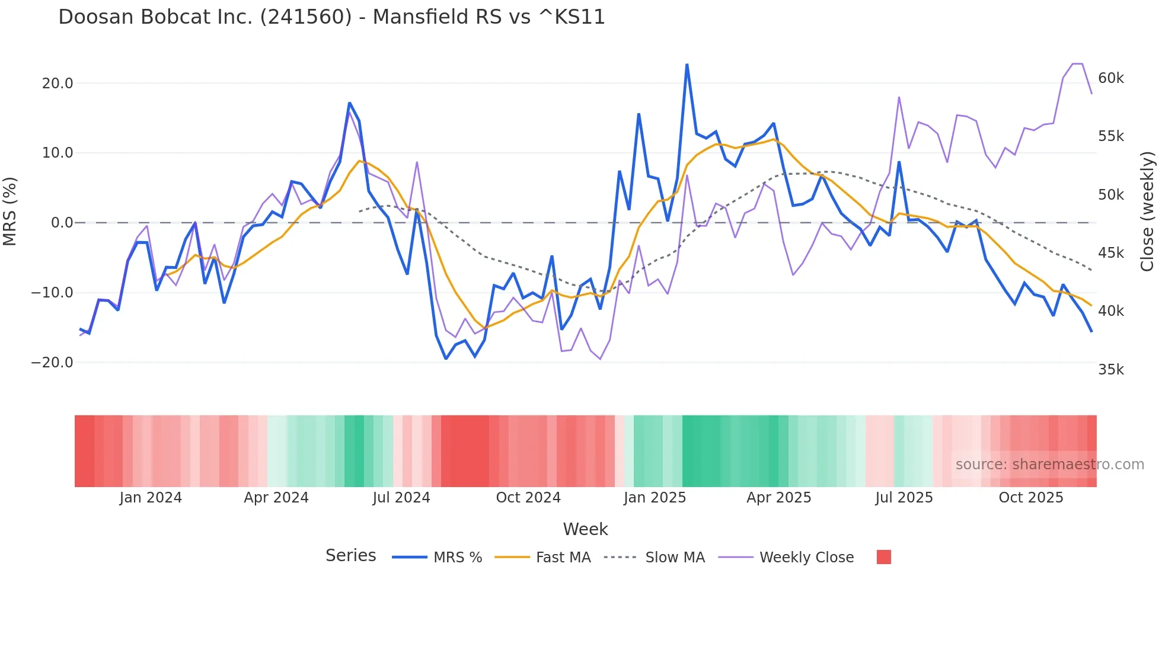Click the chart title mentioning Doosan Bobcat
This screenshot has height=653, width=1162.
pyautogui.click(x=331, y=17)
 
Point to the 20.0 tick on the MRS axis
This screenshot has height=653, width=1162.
pyautogui.click(x=58, y=84)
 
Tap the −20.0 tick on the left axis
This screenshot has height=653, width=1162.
pyautogui.click(x=52, y=363)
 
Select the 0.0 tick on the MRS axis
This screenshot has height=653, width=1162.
pyautogui.click(x=62, y=223)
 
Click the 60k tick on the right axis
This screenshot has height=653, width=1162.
pyautogui.click(x=1110, y=78)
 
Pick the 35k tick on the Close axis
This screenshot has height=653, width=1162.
pyautogui.click(x=1110, y=370)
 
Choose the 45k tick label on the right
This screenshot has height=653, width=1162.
pyautogui.click(x=1110, y=253)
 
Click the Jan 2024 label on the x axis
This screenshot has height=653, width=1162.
pyautogui.click(x=151, y=498)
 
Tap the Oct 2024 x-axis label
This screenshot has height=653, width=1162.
pyautogui.click(x=528, y=498)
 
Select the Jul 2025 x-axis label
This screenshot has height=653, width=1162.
pyautogui.click(x=904, y=498)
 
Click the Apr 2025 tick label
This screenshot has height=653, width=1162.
pyautogui.click(x=778, y=498)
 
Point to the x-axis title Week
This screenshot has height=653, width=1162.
pyautogui.click(x=585, y=529)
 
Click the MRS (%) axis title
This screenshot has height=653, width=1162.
pyautogui.click(x=10, y=212)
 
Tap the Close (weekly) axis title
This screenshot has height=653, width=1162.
pyautogui.click(x=1147, y=212)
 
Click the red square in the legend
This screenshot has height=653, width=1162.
pyautogui.click(x=883, y=557)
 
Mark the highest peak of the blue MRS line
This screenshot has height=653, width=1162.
pyautogui.click(x=687, y=65)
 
